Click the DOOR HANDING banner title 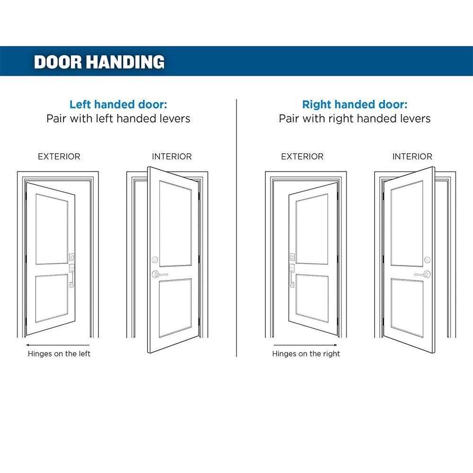coord(99,62)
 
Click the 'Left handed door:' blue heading coord(118,105)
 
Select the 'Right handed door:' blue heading coord(355,105)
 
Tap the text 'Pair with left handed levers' coord(118,119)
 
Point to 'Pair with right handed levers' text coord(355,119)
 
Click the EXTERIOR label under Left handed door coord(59,157)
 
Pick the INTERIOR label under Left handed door coord(172,157)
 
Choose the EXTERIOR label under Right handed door coord(302,157)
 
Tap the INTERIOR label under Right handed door coord(412,157)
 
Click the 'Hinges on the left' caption coord(59,353)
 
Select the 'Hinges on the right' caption coord(306,353)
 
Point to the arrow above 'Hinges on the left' coord(58,345)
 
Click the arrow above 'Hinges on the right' coord(305,345)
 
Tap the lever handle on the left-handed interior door coord(159,274)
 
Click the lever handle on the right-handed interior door coord(422,274)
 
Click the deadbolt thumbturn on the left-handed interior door coord(155,259)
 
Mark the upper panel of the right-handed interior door coord(407,224)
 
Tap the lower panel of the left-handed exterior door coord(52,298)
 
